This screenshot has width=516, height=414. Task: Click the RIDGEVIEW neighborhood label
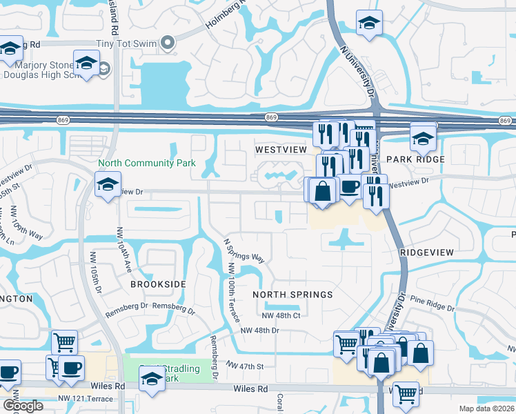427,253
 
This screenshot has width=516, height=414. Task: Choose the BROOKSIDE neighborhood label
158,284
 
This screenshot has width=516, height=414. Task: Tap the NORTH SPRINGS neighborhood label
292,295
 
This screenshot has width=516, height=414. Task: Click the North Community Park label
146,164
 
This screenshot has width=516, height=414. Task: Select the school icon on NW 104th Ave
108,185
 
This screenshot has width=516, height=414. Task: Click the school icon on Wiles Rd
152,378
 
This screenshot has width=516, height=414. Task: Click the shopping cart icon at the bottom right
406,394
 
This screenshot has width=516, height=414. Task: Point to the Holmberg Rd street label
228,17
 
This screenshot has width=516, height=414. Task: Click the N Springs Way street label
244,250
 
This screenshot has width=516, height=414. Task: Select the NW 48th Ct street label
280,315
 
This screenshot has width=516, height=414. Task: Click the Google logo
23,406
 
